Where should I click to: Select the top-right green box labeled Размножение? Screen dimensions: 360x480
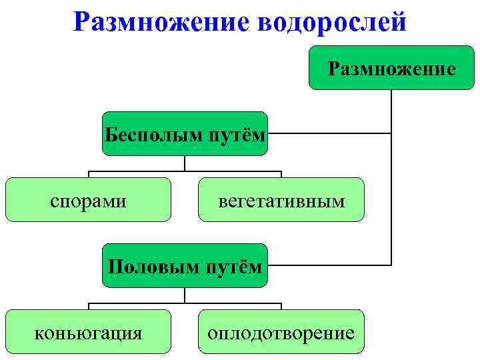pyautogui.click(x=391, y=68)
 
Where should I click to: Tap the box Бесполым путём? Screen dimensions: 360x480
pyautogui.click(x=185, y=134)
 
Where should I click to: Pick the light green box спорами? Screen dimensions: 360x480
pyautogui.click(x=89, y=199)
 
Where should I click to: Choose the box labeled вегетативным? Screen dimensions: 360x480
pyautogui.click(x=281, y=199)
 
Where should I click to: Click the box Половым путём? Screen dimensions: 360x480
pyautogui.click(x=185, y=265)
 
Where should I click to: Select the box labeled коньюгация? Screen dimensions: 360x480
pyautogui.click(x=89, y=331)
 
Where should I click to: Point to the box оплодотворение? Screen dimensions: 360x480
pyautogui.click(x=281, y=331)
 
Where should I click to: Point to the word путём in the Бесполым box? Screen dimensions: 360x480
pyautogui.click(x=236, y=135)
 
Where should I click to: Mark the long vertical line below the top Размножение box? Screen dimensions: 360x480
pyautogui.click(x=391, y=180)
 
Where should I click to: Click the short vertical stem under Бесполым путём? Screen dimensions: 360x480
pyautogui.click(x=185, y=164)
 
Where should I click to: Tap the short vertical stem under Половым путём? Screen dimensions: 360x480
pyautogui.click(x=185, y=296)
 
